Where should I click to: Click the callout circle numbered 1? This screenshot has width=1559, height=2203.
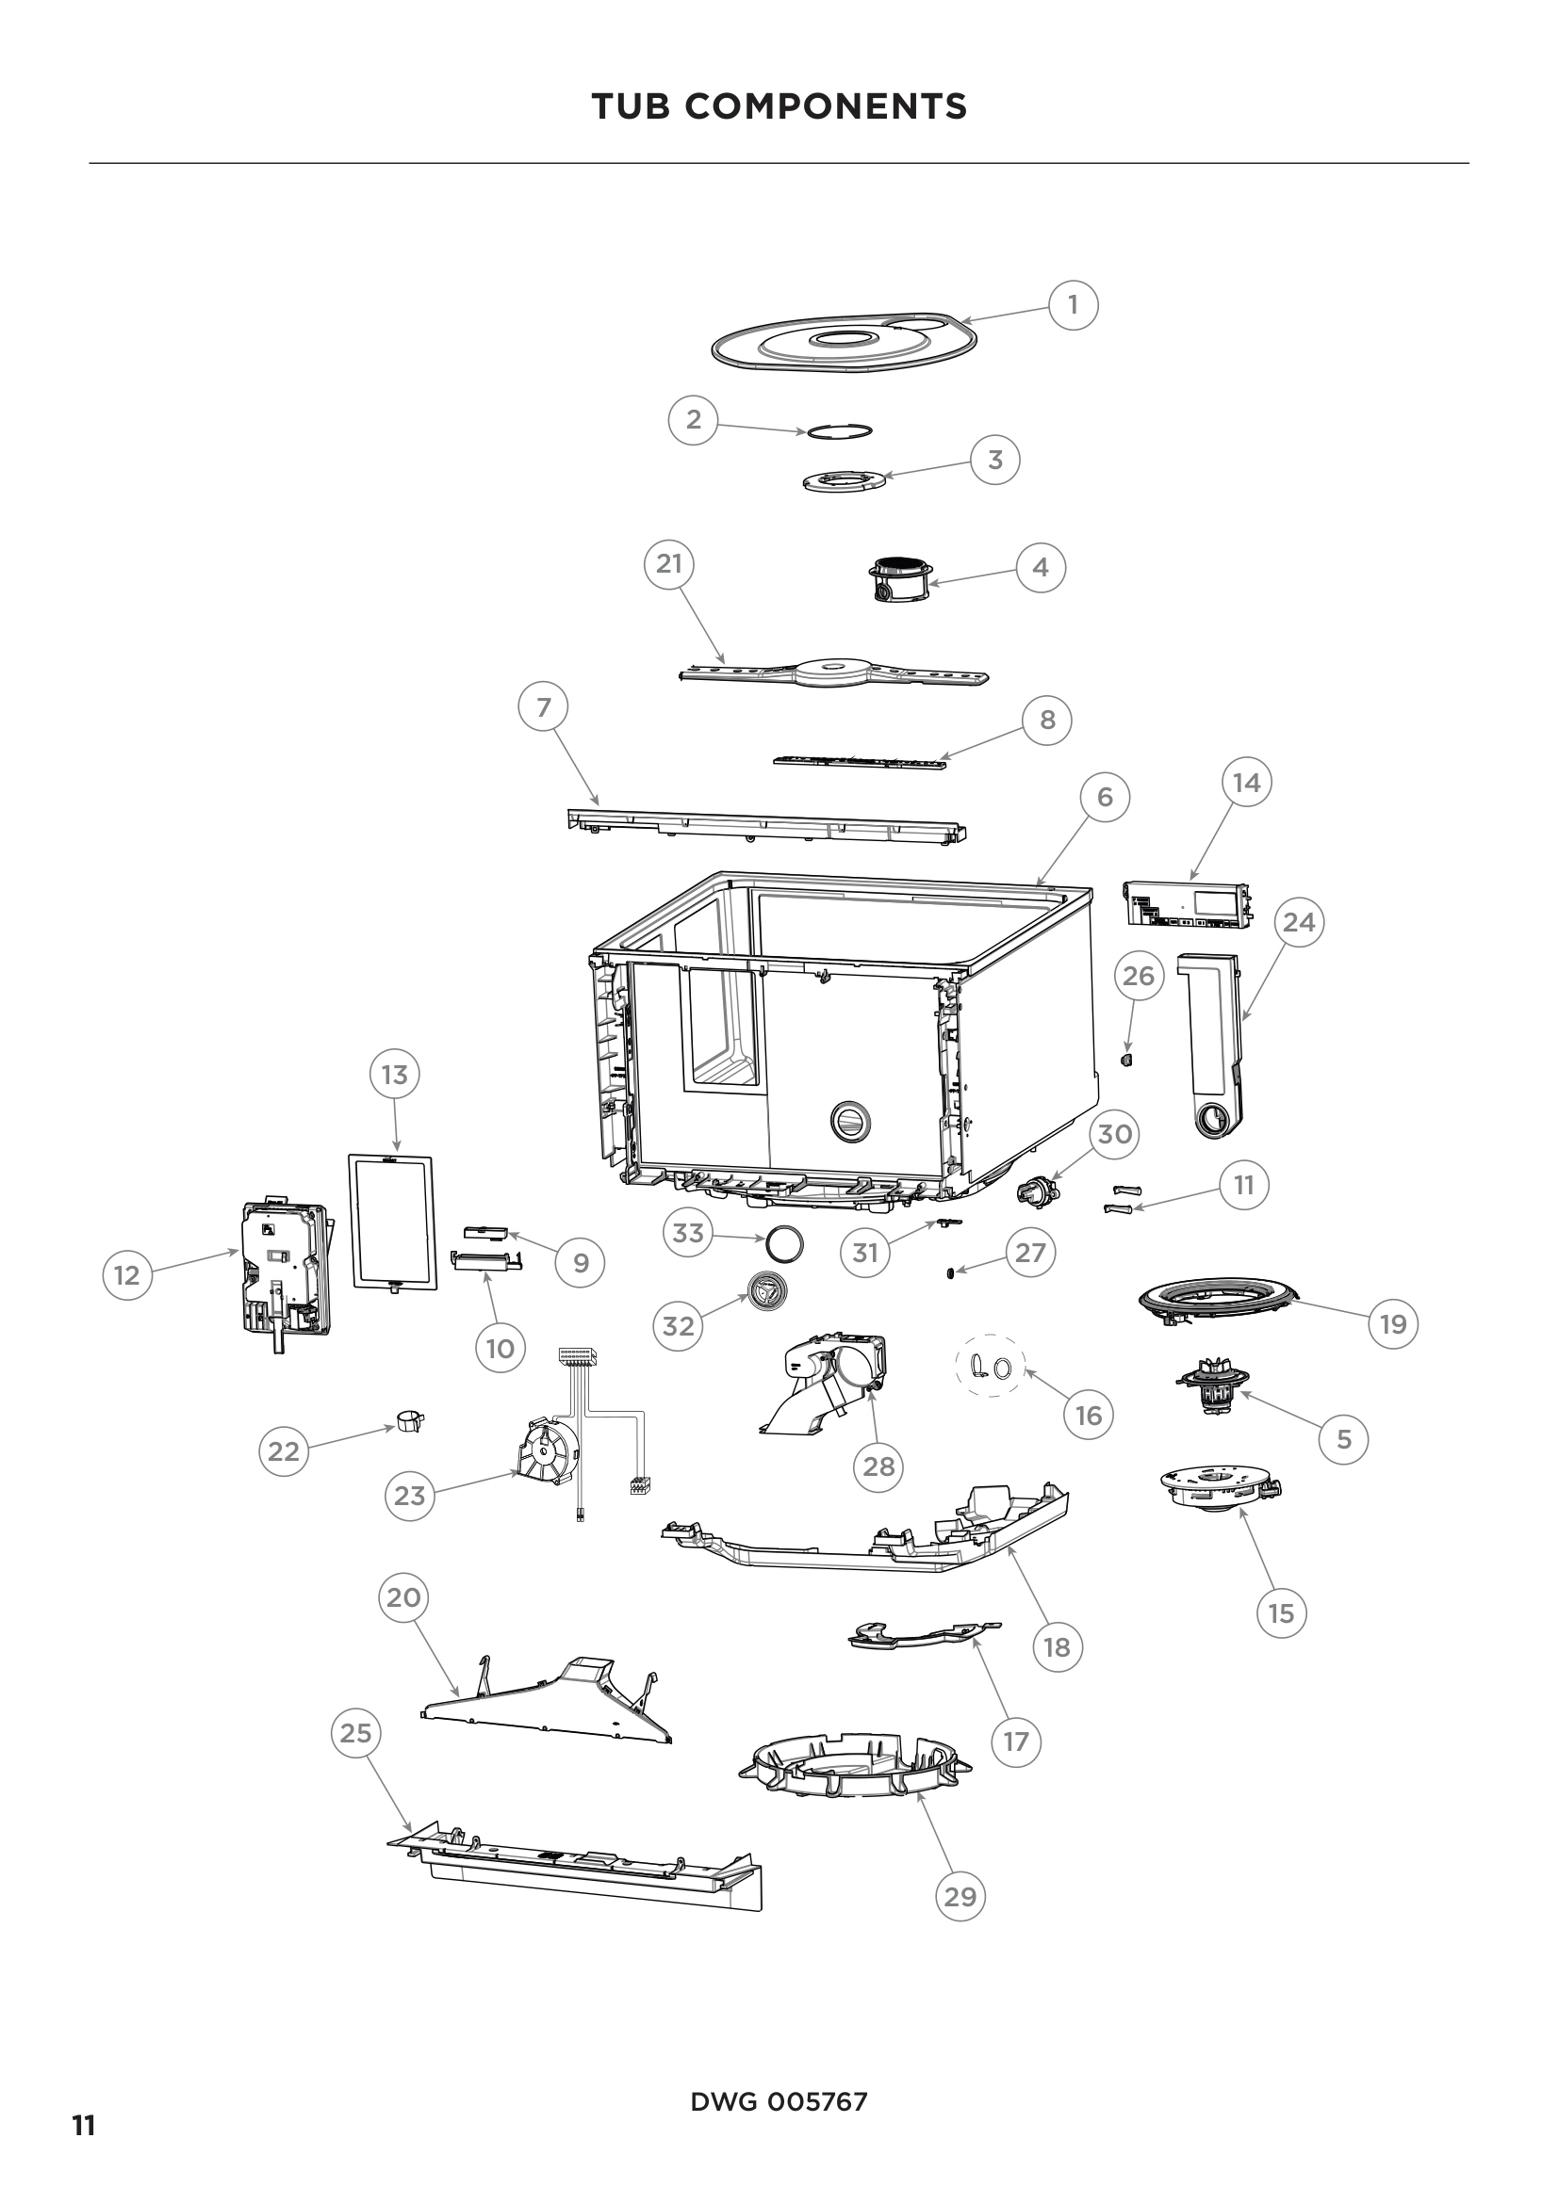click(x=1073, y=304)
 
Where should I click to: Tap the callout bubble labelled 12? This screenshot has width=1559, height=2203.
click(x=126, y=1275)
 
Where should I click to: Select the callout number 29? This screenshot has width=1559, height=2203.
click(x=960, y=1896)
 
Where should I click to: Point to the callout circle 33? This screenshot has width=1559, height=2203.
click(x=688, y=1233)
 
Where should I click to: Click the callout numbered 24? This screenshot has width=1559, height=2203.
click(x=1299, y=922)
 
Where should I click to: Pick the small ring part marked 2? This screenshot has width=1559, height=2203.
click(x=839, y=430)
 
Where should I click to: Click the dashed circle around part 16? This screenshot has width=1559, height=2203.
click(x=991, y=1368)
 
